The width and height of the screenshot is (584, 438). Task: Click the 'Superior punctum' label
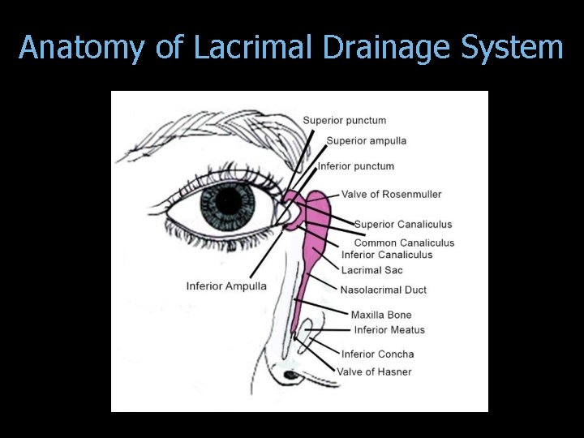click(344, 121)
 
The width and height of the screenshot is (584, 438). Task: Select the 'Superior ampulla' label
click(366, 141)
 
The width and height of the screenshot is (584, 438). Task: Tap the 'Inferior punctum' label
click(355, 166)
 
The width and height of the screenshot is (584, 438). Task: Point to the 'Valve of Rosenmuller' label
click(391, 195)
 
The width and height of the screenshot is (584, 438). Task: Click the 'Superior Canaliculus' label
click(402, 225)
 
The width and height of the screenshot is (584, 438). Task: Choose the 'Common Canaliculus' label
click(404, 243)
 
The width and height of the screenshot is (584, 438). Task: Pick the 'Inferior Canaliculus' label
click(387, 255)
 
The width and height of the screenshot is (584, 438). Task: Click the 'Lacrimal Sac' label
click(371, 270)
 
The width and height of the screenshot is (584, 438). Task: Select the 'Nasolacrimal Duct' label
click(383, 290)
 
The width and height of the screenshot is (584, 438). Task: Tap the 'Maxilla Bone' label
click(380, 315)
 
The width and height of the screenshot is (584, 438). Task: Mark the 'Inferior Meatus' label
click(389, 330)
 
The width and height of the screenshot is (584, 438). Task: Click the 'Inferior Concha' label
click(377, 354)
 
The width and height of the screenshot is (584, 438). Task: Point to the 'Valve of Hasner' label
click(374, 371)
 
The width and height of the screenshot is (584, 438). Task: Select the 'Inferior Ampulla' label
click(226, 286)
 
